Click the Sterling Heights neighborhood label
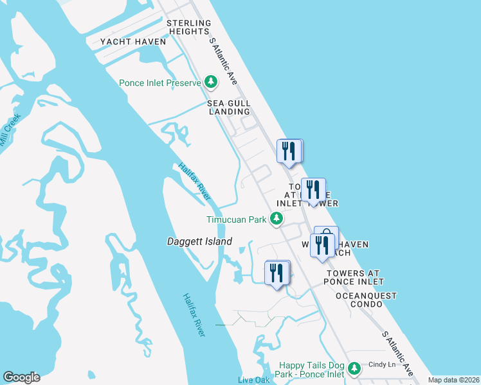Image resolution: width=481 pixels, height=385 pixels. coord(188,27)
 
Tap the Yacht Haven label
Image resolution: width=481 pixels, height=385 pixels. coord(133,42)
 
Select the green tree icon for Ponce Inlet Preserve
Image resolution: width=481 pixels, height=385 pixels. coord(210,81)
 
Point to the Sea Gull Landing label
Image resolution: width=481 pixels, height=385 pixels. coord(228,107)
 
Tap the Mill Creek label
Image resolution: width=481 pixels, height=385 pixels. coord(10,130)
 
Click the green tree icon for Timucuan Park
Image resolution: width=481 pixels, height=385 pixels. coord(277,219)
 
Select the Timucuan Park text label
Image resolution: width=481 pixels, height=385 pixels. coord(236,219)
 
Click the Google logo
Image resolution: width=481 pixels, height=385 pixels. coord(21,377)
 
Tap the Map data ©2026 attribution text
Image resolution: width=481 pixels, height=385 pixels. coord(454,380)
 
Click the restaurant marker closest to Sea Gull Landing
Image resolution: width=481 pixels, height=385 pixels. coord(289,151)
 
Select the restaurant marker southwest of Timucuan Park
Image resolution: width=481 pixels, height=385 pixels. coord(277,272)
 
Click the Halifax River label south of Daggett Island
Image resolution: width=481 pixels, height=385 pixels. coord(194,315)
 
